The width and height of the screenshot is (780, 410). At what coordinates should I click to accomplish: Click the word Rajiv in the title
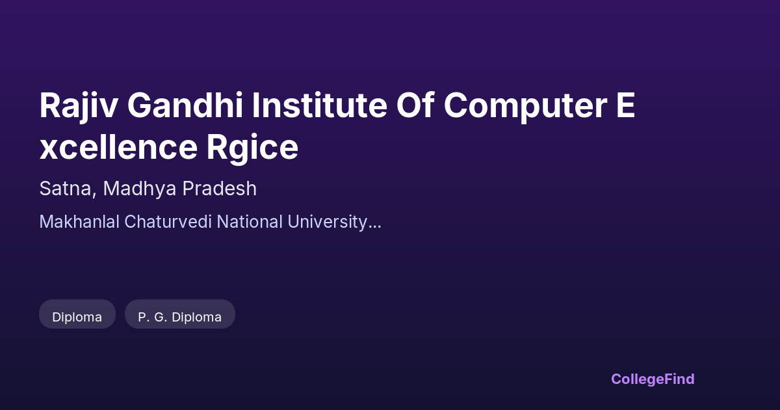pos(79,106)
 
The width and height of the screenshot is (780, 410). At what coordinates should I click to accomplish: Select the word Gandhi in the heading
pos(185,105)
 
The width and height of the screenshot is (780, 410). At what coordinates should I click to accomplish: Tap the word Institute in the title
pos(319,105)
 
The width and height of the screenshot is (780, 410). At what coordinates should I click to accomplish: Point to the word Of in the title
pos(415,105)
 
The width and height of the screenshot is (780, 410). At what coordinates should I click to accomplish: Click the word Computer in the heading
pos(526,106)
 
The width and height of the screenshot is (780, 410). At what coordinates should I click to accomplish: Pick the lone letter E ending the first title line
pos(626,105)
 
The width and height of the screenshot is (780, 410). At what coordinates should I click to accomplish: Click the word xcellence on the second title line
pos(118,146)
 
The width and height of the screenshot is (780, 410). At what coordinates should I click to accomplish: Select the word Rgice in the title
pos(252,148)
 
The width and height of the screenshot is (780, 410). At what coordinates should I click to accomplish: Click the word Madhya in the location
pos(140,189)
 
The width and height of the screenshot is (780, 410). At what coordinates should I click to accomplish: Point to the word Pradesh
pos(220,188)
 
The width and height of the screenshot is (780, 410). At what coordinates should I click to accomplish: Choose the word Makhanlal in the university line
pos(79,222)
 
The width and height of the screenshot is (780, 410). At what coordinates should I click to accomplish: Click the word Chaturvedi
pos(168,222)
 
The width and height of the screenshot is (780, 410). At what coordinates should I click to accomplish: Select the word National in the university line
pos(250,222)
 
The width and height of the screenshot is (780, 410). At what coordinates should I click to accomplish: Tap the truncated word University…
pos(334,223)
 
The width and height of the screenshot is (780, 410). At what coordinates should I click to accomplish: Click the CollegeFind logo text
pos(653,379)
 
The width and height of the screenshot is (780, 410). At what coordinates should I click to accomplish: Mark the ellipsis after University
pos(374,227)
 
